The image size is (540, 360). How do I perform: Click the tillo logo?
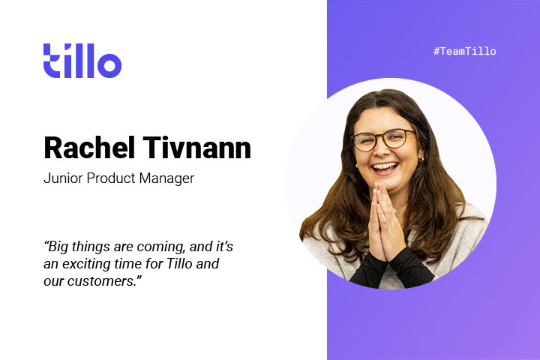(82, 61)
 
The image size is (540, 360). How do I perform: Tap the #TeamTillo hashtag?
(464, 51)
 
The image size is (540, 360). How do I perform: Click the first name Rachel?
(89, 148)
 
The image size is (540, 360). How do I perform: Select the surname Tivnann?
(197, 148)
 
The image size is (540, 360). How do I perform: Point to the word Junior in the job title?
(63, 178)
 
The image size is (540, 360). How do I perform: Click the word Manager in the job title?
(166, 178)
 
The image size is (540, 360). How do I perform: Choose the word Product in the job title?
(110, 178)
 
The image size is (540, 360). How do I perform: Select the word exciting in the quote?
(86, 264)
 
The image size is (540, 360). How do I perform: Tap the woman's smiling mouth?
(385, 168)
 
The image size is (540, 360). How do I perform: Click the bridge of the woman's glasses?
(382, 138)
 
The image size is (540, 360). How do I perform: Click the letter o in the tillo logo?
(109, 65)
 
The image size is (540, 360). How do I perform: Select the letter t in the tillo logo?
(52, 61)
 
